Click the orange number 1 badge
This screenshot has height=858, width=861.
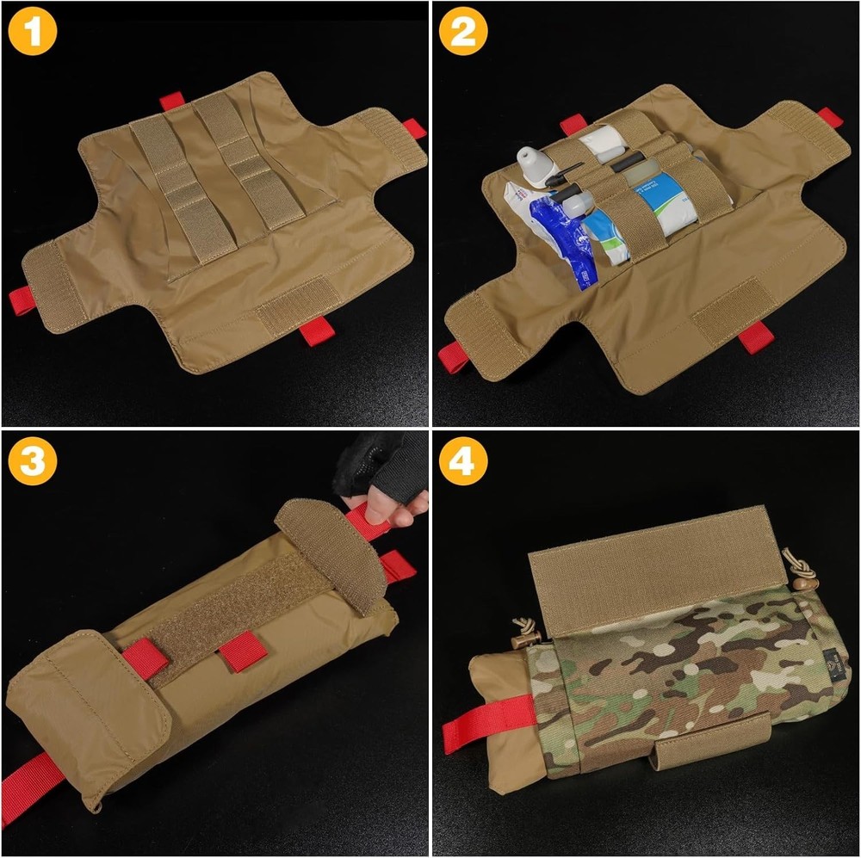33,33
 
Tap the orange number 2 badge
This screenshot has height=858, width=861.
463,33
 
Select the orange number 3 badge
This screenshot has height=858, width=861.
33,462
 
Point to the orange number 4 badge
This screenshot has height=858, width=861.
463,462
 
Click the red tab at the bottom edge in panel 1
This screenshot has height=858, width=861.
315,329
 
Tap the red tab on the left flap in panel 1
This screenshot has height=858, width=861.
22,300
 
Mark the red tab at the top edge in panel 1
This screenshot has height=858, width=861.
172,101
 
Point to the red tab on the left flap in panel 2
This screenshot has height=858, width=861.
453,355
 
